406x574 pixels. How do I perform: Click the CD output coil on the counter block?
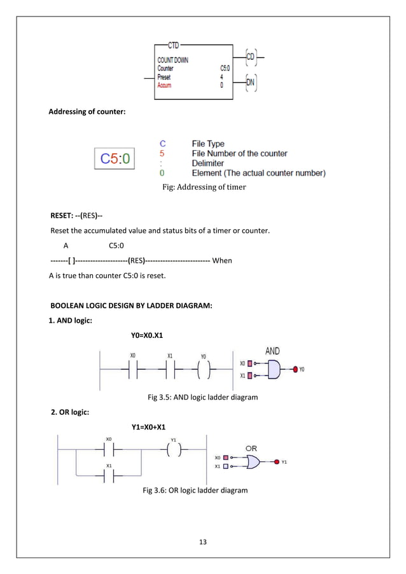(250, 57)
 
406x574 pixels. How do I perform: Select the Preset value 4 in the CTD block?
(221, 76)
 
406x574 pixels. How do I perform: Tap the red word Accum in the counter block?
(164, 85)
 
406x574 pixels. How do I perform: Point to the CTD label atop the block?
(173, 45)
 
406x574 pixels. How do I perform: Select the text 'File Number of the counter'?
(239, 153)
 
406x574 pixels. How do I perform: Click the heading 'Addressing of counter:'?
(87, 113)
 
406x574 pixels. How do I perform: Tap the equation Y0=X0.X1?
(148, 335)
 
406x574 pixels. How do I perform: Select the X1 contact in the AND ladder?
(170, 368)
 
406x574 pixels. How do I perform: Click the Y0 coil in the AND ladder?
(203, 368)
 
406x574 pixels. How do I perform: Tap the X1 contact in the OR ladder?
(109, 476)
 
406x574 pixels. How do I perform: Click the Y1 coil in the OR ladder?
(174, 450)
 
